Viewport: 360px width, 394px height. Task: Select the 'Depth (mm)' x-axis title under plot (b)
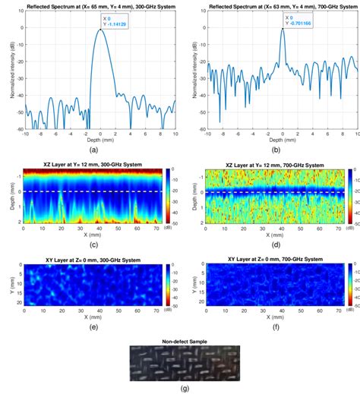[x=283, y=140]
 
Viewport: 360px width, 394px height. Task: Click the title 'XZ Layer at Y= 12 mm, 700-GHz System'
[x=275, y=162]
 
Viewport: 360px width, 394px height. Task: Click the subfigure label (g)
[x=180, y=387]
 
